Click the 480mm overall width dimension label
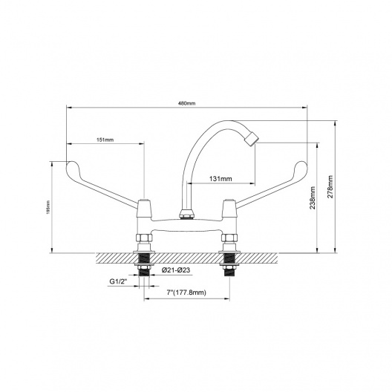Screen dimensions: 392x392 [x=187, y=103]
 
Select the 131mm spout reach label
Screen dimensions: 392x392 [x=220, y=179]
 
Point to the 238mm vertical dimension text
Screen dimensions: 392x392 [x=313, y=198]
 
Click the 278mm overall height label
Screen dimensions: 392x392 [x=330, y=187]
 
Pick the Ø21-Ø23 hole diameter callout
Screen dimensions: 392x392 [x=176, y=270]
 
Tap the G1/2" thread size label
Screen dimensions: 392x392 [x=119, y=281]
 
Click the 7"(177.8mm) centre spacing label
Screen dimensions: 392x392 [x=186, y=293]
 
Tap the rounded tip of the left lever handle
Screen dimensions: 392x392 [x=70, y=166]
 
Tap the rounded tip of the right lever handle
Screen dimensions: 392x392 [x=302, y=166]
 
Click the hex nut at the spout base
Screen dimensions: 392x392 [x=186, y=215]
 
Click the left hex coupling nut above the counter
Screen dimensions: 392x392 [x=144, y=238]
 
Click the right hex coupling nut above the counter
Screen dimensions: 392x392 [x=229, y=238]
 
